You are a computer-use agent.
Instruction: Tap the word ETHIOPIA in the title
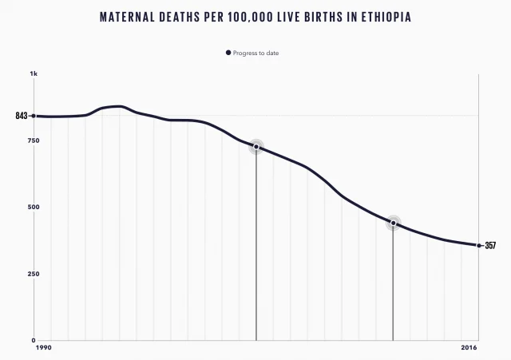tap(383, 16)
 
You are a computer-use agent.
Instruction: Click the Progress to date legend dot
tap(228, 53)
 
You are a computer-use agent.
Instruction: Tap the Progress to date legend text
tap(255, 53)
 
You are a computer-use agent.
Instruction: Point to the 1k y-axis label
tap(34, 74)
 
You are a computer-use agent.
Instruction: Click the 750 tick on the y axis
tap(34, 140)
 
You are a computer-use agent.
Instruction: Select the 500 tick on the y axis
tap(34, 208)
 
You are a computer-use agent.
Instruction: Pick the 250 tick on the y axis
tap(34, 274)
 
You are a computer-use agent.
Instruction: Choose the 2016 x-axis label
tap(470, 349)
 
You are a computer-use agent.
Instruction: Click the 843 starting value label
tap(21, 116)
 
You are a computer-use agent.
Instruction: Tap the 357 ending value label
tap(490, 246)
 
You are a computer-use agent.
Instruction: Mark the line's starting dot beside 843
tap(33, 116)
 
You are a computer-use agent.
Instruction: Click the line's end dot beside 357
tap(479, 246)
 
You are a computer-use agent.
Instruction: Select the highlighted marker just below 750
tap(256, 146)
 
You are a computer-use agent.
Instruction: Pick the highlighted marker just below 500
tap(393, 224)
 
